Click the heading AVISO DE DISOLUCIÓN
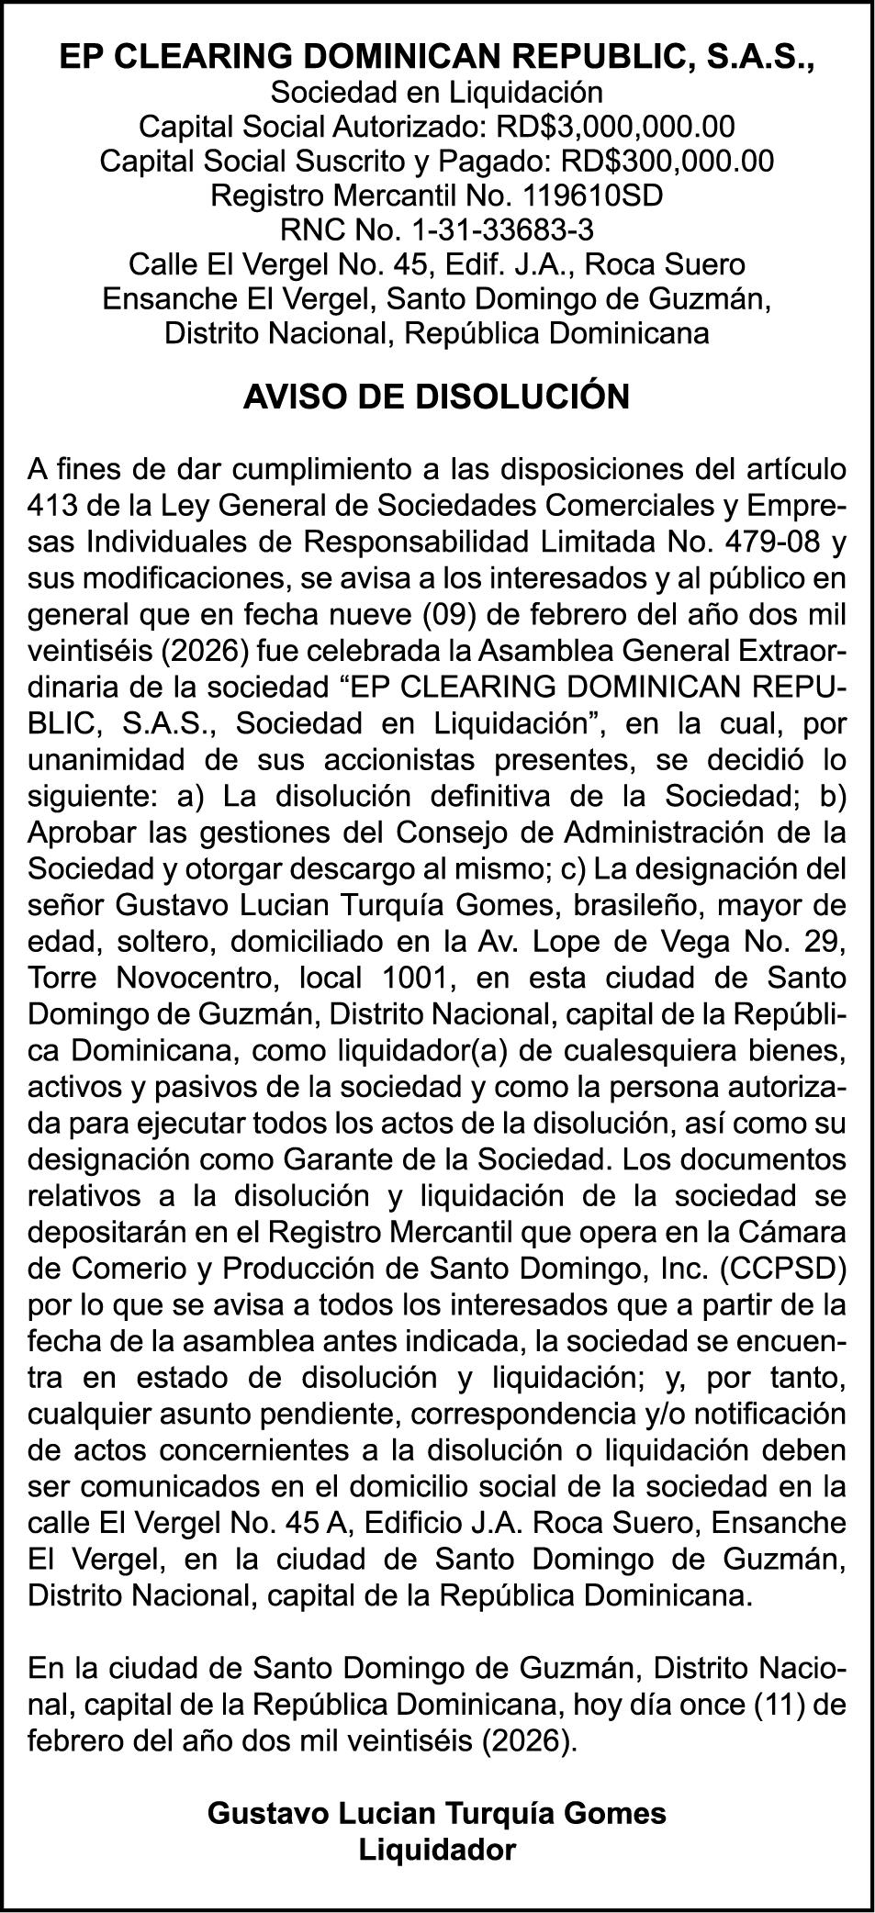(x=437, y=397)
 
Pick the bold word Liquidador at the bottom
(x=437, y=1848)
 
